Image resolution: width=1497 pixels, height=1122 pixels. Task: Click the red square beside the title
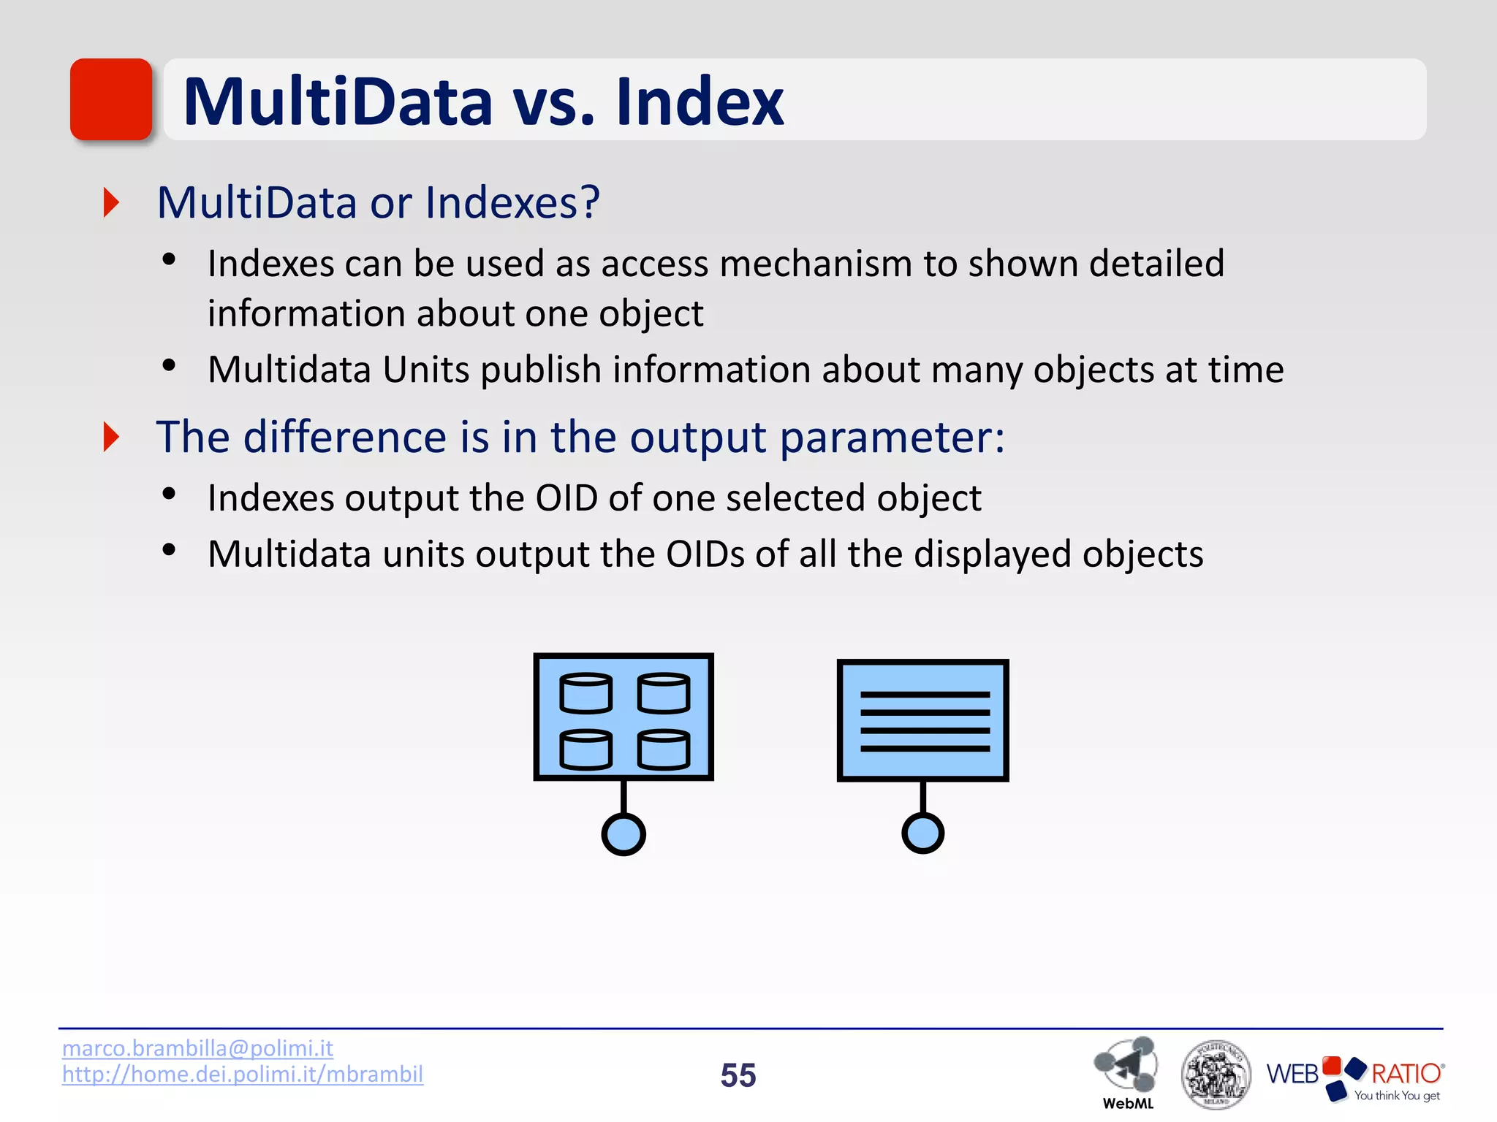pyautogui.click(x=111, y=99)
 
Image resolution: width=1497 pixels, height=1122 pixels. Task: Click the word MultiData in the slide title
pyautogui.click(x=338, y=102)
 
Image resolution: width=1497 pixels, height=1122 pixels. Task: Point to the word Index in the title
pyautogui.click(x=700, y=102)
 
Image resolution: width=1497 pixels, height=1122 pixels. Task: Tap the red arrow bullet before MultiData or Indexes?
pyautogui.click(x=111, y=202)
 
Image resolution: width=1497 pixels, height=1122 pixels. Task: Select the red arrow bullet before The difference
pyautogui.click(x=111, y=437)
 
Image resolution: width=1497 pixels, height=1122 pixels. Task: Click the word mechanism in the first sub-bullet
pyautogui.click(x=816, y=264)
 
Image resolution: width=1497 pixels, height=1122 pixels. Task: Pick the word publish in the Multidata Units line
pyautogui.click(x=541, y=370)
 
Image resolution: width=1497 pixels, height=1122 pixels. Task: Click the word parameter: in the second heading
pyautogui.click(x=892, y=438)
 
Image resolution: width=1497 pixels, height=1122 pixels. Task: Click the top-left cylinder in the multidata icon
pyautogui.click(x=585, y=692)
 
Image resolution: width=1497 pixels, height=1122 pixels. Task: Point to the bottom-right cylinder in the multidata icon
pyautogui.click(x=663, y=749)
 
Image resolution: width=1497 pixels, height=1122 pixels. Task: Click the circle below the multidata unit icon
pyautogui.click(x=624, y=834)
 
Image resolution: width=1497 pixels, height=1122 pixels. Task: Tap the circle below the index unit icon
pyautogui.click(x=922, y=833)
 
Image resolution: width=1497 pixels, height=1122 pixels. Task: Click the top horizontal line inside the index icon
pyautogui.click(x=925, y=695)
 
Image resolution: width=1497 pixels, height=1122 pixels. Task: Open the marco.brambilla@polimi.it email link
pyautogui.click(x=197, y=1048)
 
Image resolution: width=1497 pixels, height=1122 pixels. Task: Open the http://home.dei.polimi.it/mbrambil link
pyautogui.click(x=242, y=1074)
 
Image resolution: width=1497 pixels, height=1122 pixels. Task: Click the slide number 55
pyautogui.click(x=738, y=1075)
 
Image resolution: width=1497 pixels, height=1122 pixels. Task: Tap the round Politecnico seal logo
pyautogui.click(x=1215, y=1074)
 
